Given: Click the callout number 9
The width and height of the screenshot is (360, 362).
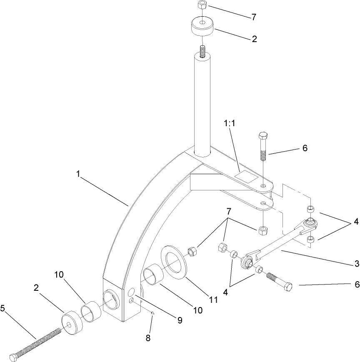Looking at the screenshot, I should [180, 320].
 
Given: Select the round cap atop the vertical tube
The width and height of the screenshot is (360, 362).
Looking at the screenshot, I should [201, 26].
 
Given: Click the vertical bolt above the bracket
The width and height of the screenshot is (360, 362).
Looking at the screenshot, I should [263, 148].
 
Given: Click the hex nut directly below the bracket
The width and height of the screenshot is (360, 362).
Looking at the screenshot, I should [263, 229].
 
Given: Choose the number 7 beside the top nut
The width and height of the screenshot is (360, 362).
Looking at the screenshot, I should [253, 17].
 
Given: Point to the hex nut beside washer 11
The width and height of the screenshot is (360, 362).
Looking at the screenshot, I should [192, 251].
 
